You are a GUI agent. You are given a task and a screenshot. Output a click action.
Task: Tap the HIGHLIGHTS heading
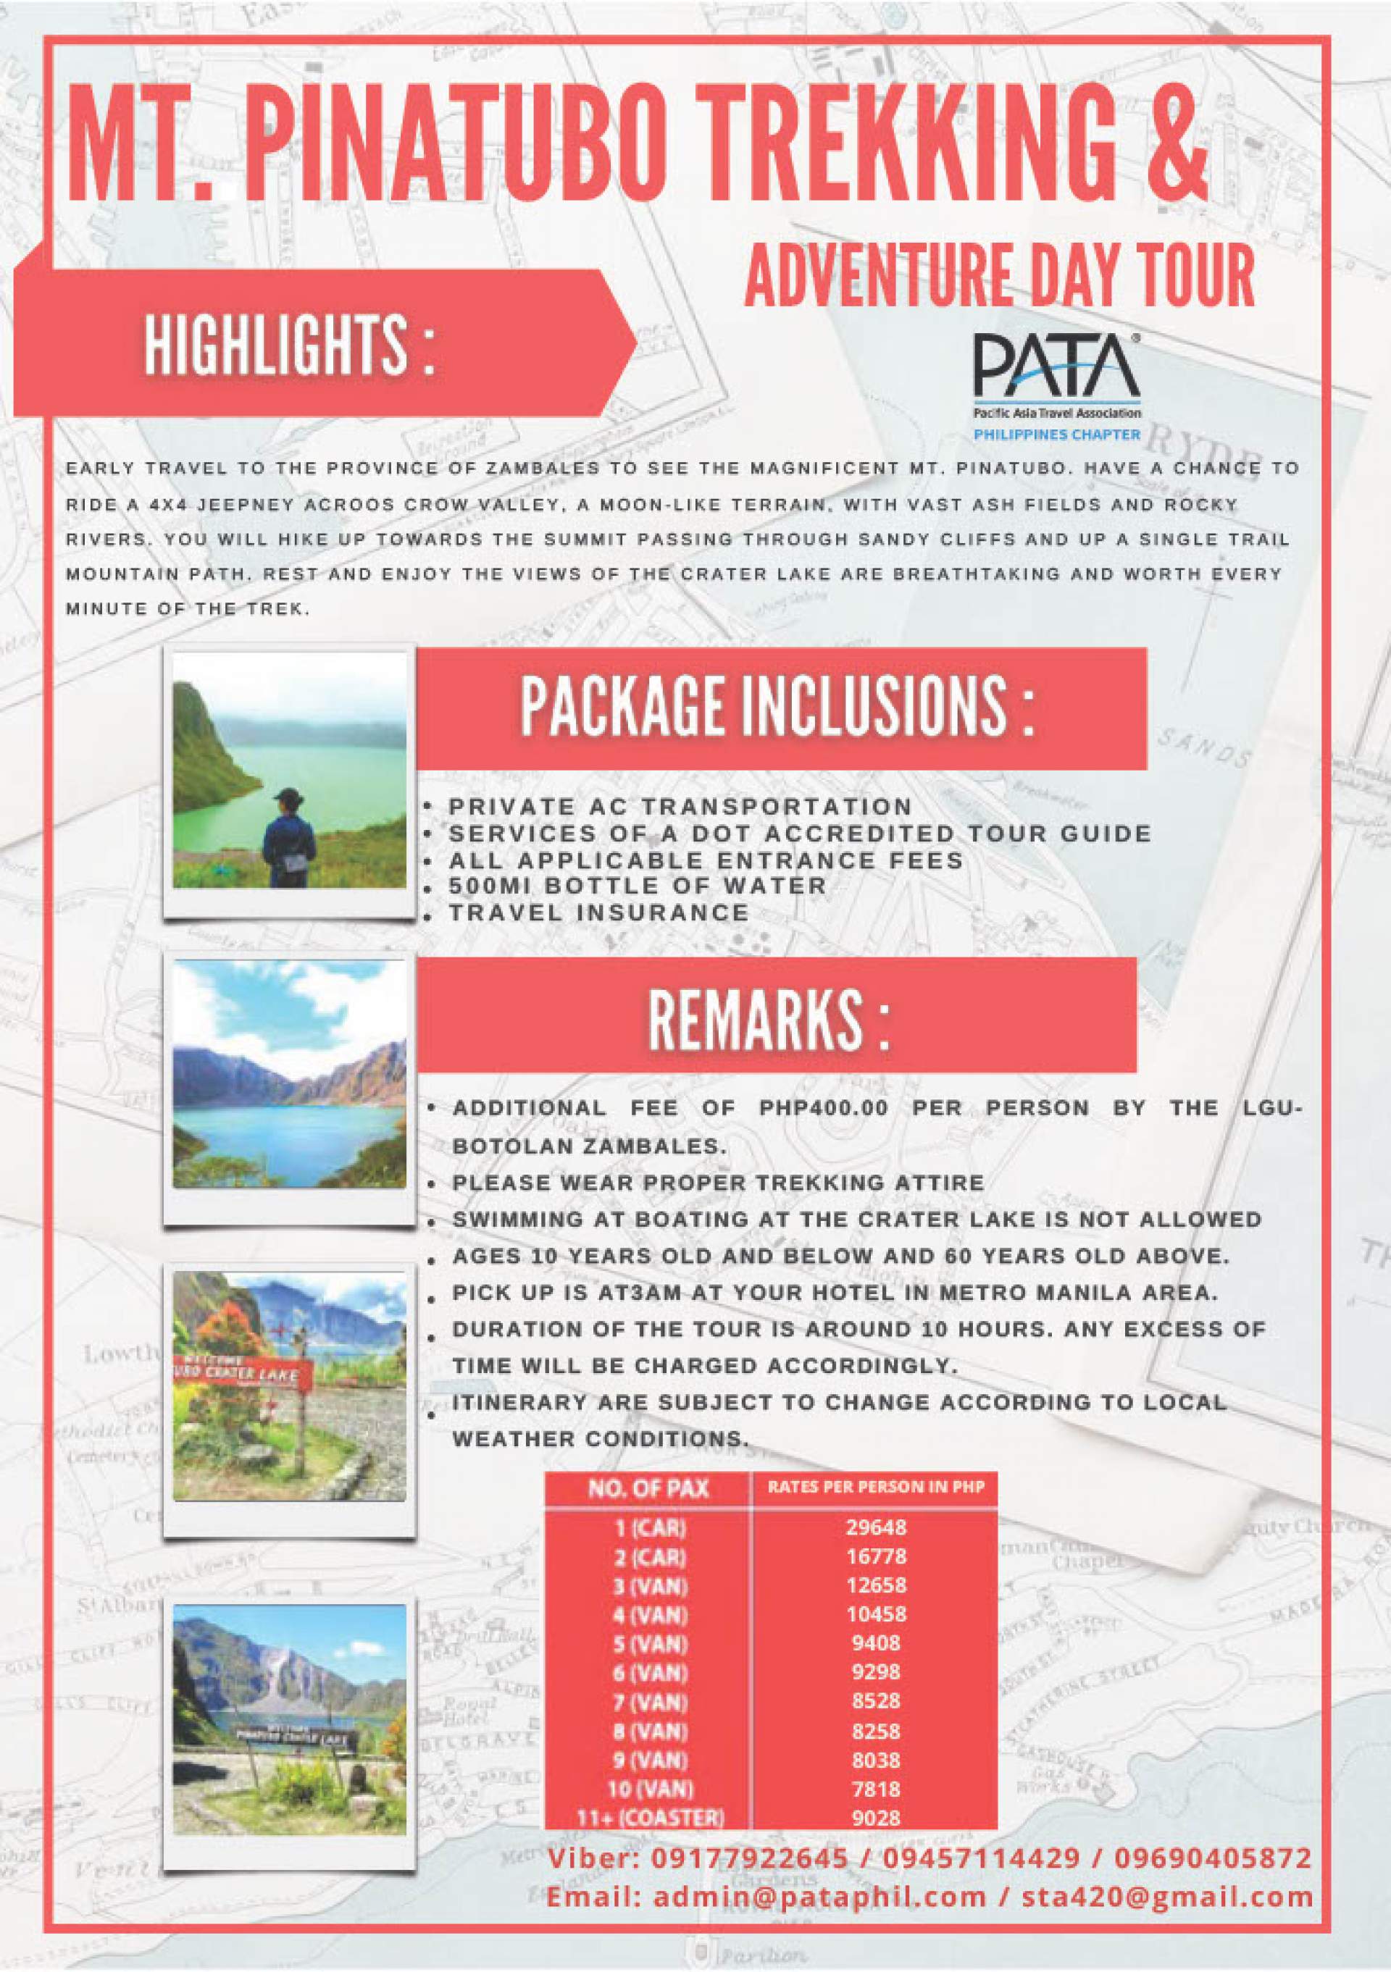(288, 345)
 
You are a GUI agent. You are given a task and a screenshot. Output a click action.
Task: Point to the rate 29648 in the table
(875, 1527)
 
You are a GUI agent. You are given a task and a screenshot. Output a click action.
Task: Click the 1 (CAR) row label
(651, 1528)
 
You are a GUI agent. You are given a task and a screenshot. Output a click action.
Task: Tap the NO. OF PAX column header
(648, 1488)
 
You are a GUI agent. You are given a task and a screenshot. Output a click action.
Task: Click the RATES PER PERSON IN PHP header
(875, 1487)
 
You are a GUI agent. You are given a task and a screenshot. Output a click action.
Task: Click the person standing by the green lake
(283, 837)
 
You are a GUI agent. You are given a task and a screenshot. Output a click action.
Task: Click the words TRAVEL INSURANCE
(599, 912)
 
